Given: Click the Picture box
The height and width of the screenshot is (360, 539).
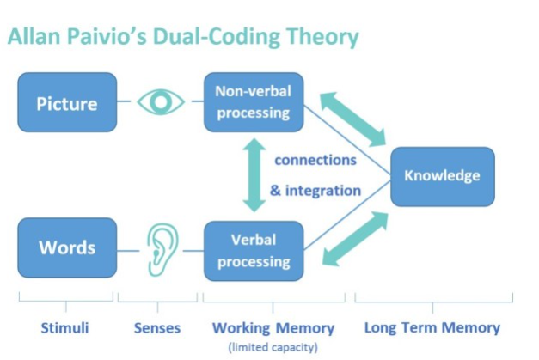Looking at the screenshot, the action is point(67,102).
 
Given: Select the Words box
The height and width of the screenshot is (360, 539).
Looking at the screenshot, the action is point(67,247).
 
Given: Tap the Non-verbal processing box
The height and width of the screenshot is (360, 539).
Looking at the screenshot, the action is point(254,102).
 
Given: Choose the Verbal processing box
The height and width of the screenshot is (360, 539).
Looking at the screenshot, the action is point(254,251).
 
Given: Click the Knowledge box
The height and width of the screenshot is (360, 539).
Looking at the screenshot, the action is point(443,177).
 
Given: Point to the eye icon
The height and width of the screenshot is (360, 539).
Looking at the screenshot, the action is point(161,101).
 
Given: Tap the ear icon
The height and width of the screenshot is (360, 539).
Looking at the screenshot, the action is point(162,250).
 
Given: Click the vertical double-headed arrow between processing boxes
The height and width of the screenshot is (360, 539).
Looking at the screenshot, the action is point(254,175).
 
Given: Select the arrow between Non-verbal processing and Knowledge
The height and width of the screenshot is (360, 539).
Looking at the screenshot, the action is point(353,119).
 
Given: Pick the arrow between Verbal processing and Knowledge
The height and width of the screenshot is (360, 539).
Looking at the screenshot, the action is point(355,239).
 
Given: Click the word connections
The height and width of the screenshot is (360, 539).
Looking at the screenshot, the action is point(315,160).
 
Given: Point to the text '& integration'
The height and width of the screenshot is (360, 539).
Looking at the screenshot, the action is point(315,191).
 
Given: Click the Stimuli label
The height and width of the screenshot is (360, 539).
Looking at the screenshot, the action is point(65,328).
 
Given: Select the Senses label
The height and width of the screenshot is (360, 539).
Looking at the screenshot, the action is point(157,328).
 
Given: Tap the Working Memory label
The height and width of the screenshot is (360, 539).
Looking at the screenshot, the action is point(273,328).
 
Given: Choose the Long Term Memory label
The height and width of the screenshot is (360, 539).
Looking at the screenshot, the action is point(432,327).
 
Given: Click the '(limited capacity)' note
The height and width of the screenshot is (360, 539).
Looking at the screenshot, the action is point(273,347).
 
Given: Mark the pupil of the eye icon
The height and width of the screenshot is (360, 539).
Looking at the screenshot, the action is point(161,101).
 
